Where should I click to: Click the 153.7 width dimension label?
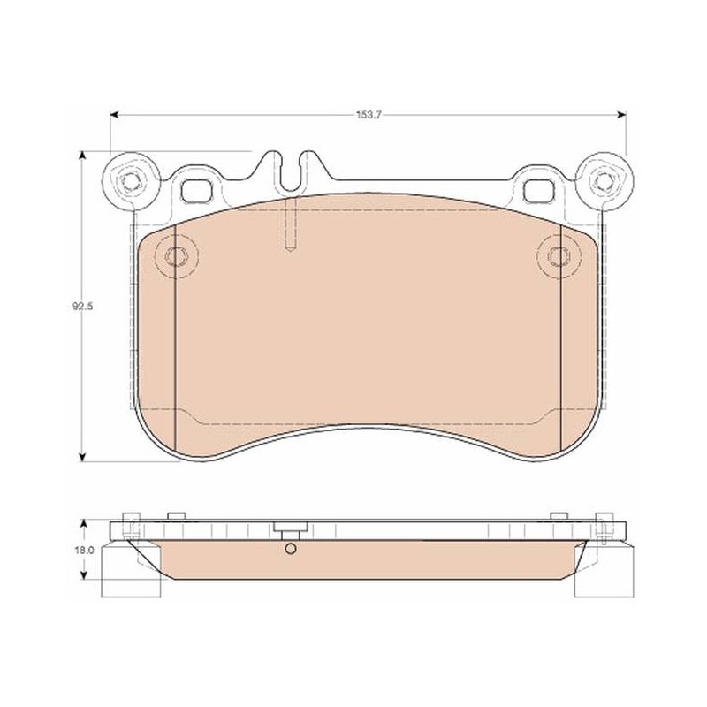tap(369, 115)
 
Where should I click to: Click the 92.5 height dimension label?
tap(82, 307)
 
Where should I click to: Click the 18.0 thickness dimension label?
tap(84, 550)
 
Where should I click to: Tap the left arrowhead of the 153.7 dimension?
tap(114, 115)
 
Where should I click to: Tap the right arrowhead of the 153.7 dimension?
tap(622, 115)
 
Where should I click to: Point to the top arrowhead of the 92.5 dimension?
tap(82, 156)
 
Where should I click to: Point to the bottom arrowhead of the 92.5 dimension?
tap(82, 457)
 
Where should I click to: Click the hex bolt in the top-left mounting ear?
tap(130, 181)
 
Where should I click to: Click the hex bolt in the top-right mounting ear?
tap(604, 181)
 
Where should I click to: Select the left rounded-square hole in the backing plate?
tap(195, 190)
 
